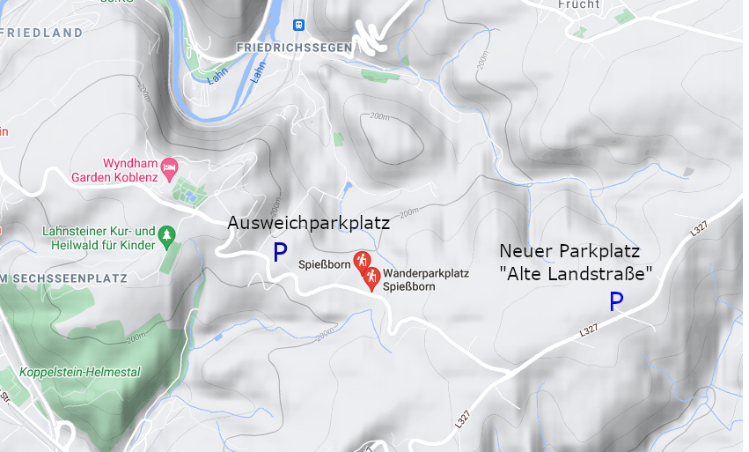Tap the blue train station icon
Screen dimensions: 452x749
(298, 25)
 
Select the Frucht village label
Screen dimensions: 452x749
(578, 5)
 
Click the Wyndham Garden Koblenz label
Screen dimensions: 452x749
(130, 170)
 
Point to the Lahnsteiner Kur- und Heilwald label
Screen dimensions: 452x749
(99, 238)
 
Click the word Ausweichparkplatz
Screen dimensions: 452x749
(308, 223)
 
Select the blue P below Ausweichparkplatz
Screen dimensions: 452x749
(280, 254)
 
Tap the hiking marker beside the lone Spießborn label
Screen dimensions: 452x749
(361, 261)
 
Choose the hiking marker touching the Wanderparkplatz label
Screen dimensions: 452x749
(372, 278)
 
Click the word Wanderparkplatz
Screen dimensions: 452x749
(426, 273)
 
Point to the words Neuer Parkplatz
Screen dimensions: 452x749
(569, 250)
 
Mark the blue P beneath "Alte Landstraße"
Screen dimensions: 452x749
(616, 303)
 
